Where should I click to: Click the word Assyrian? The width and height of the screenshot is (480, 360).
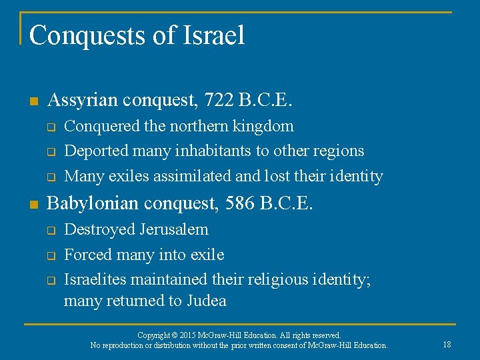point(79,101)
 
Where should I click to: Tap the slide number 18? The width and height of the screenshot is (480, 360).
point(447,345)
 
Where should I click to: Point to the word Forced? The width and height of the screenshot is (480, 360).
point(87,255)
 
